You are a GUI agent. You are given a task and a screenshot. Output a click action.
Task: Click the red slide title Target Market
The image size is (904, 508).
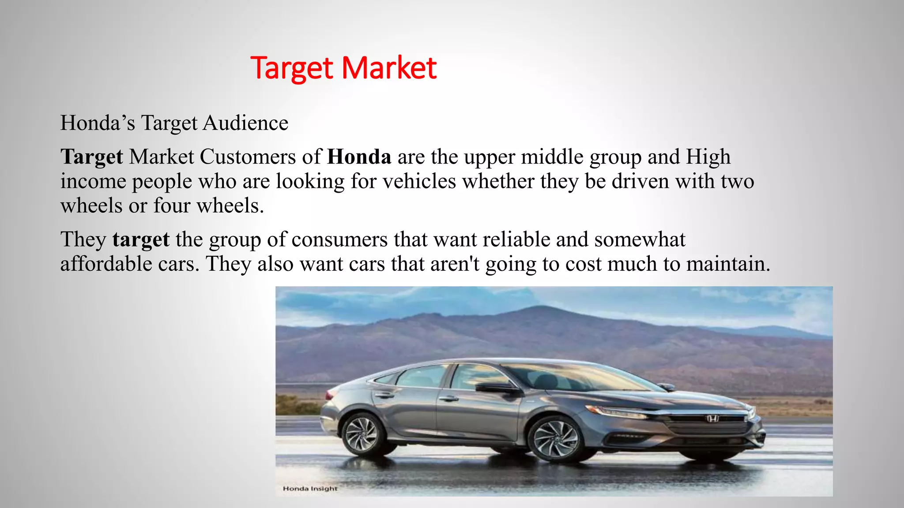(343, 68)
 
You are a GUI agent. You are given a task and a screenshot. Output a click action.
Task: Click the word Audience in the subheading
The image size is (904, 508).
(245, 123)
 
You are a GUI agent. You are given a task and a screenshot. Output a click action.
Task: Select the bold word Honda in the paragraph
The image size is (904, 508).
(359, 157)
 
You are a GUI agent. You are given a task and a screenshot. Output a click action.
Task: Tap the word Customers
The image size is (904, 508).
(248, 157)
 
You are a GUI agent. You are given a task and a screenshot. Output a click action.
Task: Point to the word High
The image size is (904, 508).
(708, 157)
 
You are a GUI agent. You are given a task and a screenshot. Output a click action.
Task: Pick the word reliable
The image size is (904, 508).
(516, 239)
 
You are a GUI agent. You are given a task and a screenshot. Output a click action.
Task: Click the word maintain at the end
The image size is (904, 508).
(728, 264)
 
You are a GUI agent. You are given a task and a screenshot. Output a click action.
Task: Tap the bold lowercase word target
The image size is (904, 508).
(141, 239)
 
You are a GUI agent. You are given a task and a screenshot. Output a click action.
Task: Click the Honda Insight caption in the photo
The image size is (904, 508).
(310, 489)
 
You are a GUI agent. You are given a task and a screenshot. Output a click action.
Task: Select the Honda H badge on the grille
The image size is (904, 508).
(712, 418)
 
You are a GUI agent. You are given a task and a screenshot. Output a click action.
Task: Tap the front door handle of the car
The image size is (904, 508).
(448, 398)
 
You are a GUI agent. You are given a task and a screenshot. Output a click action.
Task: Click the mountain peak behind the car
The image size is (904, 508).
(536, 307)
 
